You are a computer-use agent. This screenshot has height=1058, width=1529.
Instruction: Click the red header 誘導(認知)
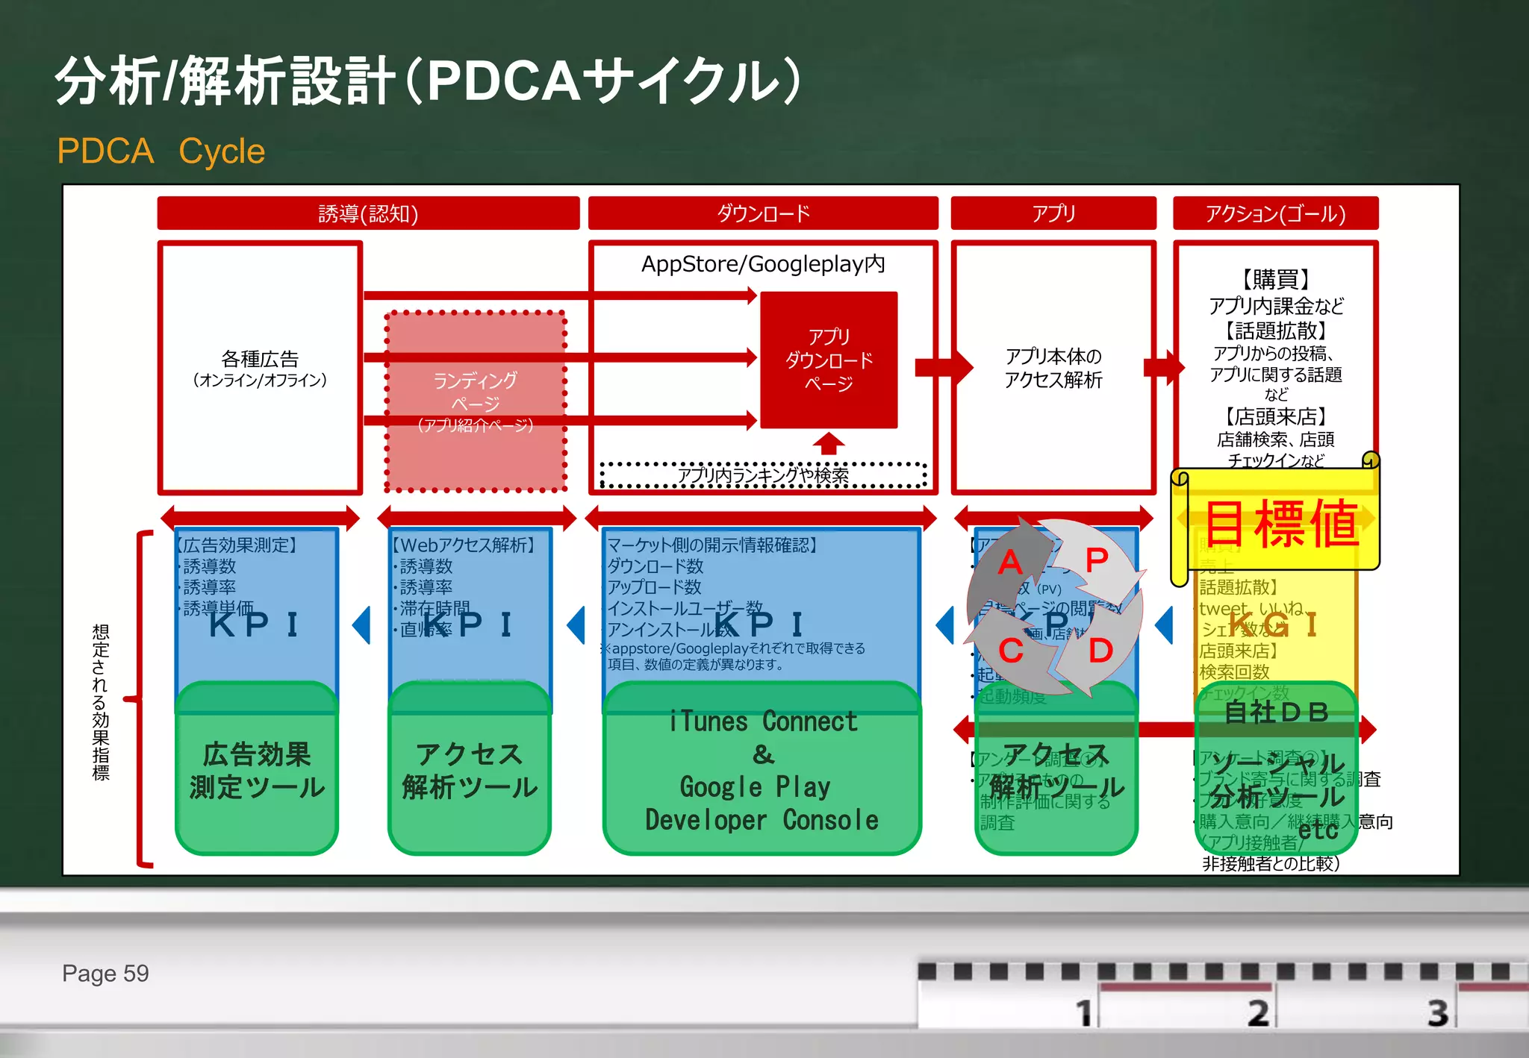[x=368, y=214]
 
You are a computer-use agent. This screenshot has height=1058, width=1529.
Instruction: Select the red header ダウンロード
[x=763, y=214]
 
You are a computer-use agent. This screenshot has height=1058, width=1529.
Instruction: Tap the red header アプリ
[x=1053, y=214]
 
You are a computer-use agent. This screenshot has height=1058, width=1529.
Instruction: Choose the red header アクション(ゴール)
[x=1275, y=214]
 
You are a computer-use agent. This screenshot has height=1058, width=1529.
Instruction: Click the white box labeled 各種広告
[x=260, y=369]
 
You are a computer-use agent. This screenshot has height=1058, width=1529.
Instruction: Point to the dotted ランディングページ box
[x=476, y=402]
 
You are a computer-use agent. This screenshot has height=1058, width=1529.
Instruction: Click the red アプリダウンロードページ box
[x=829, y=360]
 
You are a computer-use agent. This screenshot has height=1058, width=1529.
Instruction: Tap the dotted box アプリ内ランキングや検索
[x=763, y=475]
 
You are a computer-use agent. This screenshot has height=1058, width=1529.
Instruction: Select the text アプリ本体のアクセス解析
[x=1053, y=368]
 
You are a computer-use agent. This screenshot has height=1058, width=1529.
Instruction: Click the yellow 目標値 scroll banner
[x=1281, y=522]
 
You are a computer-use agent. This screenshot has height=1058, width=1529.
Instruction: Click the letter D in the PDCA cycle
[x=1100, y=651]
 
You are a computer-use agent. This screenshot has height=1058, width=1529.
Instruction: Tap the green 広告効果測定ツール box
[x=257, y=771]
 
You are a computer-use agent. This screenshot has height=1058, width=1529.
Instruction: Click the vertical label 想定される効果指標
[x=101, y=701]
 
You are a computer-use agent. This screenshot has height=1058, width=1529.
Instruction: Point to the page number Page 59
[x=105, y=974]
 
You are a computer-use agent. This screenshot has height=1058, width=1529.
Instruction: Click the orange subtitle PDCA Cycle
[x=161, y=151]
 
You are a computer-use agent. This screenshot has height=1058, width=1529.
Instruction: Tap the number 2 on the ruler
[x=1258, y=1013]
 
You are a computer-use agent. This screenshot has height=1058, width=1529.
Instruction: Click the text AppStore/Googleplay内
[x=763, y=264]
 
